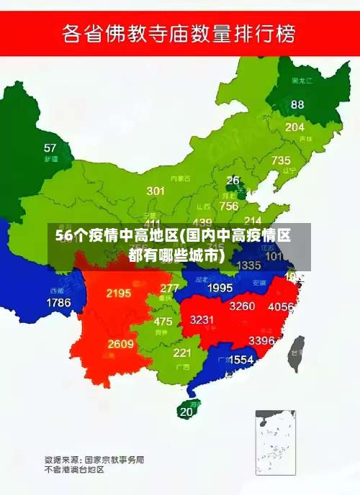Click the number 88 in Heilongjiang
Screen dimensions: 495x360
297,104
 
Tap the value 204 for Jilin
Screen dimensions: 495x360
294,127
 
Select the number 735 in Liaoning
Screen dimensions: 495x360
281,160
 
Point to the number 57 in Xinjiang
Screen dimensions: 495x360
50,147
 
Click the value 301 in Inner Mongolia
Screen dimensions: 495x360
156,191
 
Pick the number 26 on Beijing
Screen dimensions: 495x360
233,180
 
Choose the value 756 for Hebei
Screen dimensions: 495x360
229,206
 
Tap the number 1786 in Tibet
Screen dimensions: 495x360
58,303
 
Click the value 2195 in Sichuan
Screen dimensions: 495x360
118,293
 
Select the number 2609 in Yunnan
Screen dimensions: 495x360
121,344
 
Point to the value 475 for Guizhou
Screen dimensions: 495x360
163,322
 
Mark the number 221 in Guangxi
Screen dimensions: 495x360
182,353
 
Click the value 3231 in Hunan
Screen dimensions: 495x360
202,319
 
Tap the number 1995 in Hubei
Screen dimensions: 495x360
220,287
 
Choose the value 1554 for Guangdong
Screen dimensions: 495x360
241,359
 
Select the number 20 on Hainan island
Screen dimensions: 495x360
186,412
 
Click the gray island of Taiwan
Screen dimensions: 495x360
295,353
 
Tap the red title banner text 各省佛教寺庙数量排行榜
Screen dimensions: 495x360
179,33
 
